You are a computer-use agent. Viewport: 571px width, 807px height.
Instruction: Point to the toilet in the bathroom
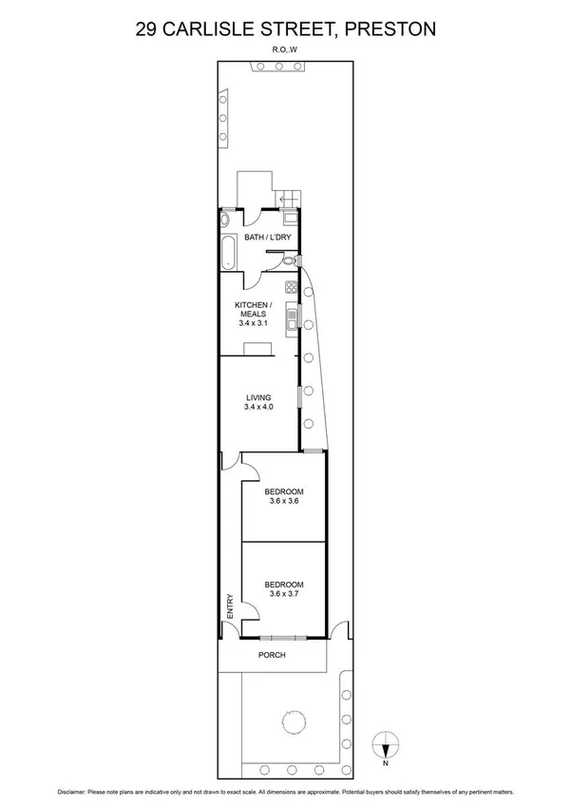pos(297,259)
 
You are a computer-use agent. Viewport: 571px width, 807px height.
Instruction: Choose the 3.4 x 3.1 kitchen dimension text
pos(254,323)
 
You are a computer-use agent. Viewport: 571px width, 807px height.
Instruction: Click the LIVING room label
pos(258,397)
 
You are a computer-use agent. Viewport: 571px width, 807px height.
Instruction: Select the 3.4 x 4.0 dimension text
pos(258,407)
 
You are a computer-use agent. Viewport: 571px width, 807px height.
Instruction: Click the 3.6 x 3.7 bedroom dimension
pos(284,593)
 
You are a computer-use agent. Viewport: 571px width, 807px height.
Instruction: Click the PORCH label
pos(272,656)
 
